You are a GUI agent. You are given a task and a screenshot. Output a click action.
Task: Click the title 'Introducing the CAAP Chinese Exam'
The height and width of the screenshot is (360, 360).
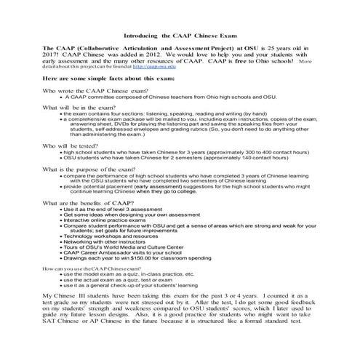coord(180,34)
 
